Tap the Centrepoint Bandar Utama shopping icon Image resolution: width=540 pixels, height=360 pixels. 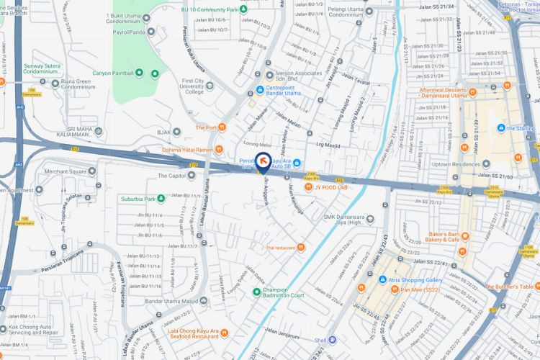coord(260,90)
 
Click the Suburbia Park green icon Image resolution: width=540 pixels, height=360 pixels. coord(162,199)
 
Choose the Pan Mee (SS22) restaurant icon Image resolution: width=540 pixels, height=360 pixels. coord(395,289)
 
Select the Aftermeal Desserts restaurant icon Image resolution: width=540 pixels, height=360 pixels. coord(508,85)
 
